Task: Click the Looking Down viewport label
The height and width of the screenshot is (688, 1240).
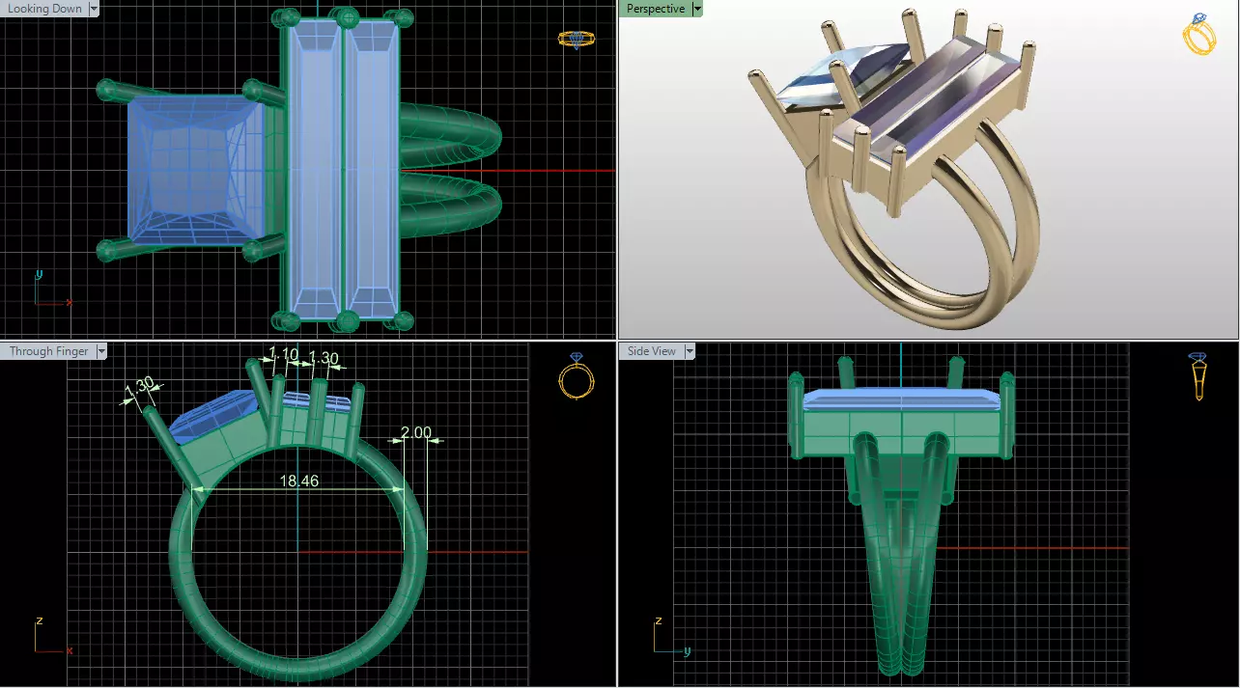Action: coord(44,9)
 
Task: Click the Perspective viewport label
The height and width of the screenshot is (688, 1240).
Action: coord(655,9)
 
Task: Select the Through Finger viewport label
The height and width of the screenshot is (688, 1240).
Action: coord(48,351)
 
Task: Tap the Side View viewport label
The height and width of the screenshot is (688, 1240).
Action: coord(652,351)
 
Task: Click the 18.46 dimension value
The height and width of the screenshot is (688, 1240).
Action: coord(299,481)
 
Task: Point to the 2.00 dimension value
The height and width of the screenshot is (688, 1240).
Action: coord(416,432)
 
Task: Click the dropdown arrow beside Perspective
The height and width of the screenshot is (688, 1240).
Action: coord(697,9)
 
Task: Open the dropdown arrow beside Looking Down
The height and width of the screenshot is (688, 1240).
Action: coord(94,9)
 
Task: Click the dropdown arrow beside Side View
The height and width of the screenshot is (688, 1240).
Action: coord(690,351)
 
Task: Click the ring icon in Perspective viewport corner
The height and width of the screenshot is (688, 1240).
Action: coord(1198,34)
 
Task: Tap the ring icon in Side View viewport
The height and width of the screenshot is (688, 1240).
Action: coord(1198,376)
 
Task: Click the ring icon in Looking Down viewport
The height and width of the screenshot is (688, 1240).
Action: coord(577,39)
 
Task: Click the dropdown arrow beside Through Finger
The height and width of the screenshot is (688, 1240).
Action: coord(100,351)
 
